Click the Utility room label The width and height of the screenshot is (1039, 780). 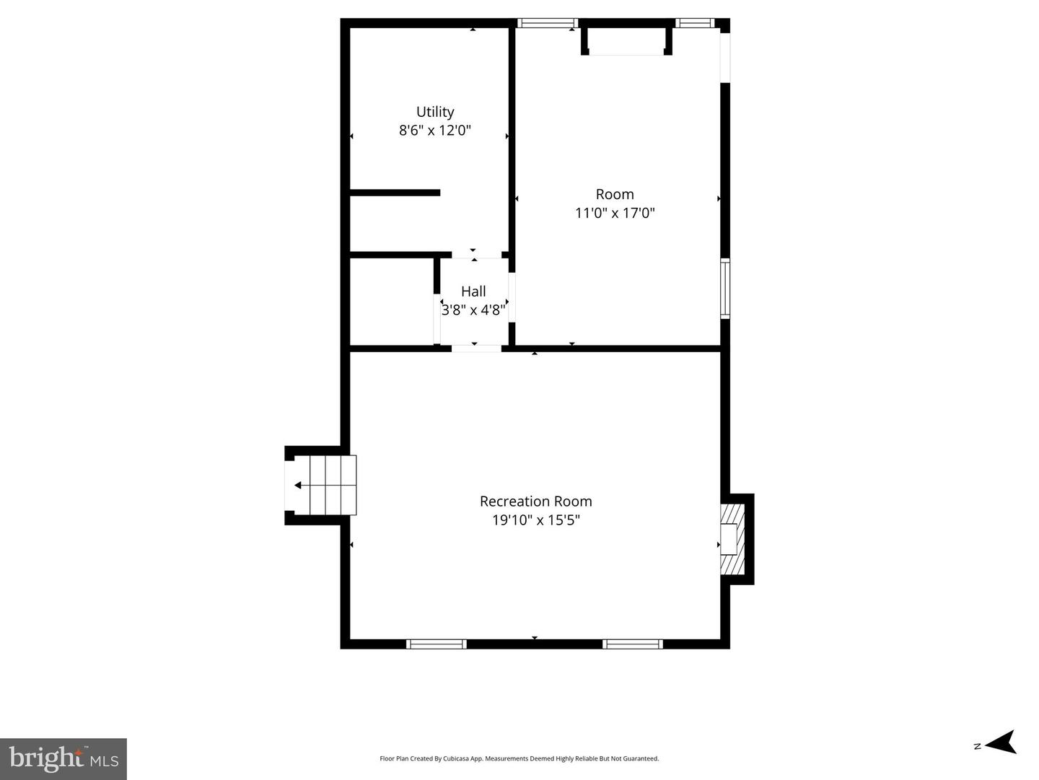click(x=435, y=112)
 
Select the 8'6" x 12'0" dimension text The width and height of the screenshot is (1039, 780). click(x=435, y=131)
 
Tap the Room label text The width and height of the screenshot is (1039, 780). click(x=615, y=194)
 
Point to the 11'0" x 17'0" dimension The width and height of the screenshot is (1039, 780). click(x=615, y=213)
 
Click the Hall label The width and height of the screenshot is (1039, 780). click(x=473, y=292)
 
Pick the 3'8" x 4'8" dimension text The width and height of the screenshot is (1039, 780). click(x=473, y=310)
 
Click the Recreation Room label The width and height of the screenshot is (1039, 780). click(x=535, y=501)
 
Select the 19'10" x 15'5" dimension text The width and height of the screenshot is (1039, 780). click(x=535, y=520)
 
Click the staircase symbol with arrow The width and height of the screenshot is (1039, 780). click(x=323, y=485)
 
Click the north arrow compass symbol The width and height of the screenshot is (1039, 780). click(x=999, y=742)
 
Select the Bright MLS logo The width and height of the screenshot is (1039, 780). click(x=63, y=758)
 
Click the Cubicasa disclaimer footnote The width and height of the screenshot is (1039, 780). click(x=519, y=758)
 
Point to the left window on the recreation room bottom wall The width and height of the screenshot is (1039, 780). click(x=436, y=644)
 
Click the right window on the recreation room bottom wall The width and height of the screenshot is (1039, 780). click(x=633, y=644)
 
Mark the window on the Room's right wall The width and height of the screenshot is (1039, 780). click(x=725, y=288)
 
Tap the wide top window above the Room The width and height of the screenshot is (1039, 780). click(x=548, y=23)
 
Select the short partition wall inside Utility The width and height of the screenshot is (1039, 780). click(x=395, y=193)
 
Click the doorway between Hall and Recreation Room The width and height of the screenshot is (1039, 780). click(x=476, y=349)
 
